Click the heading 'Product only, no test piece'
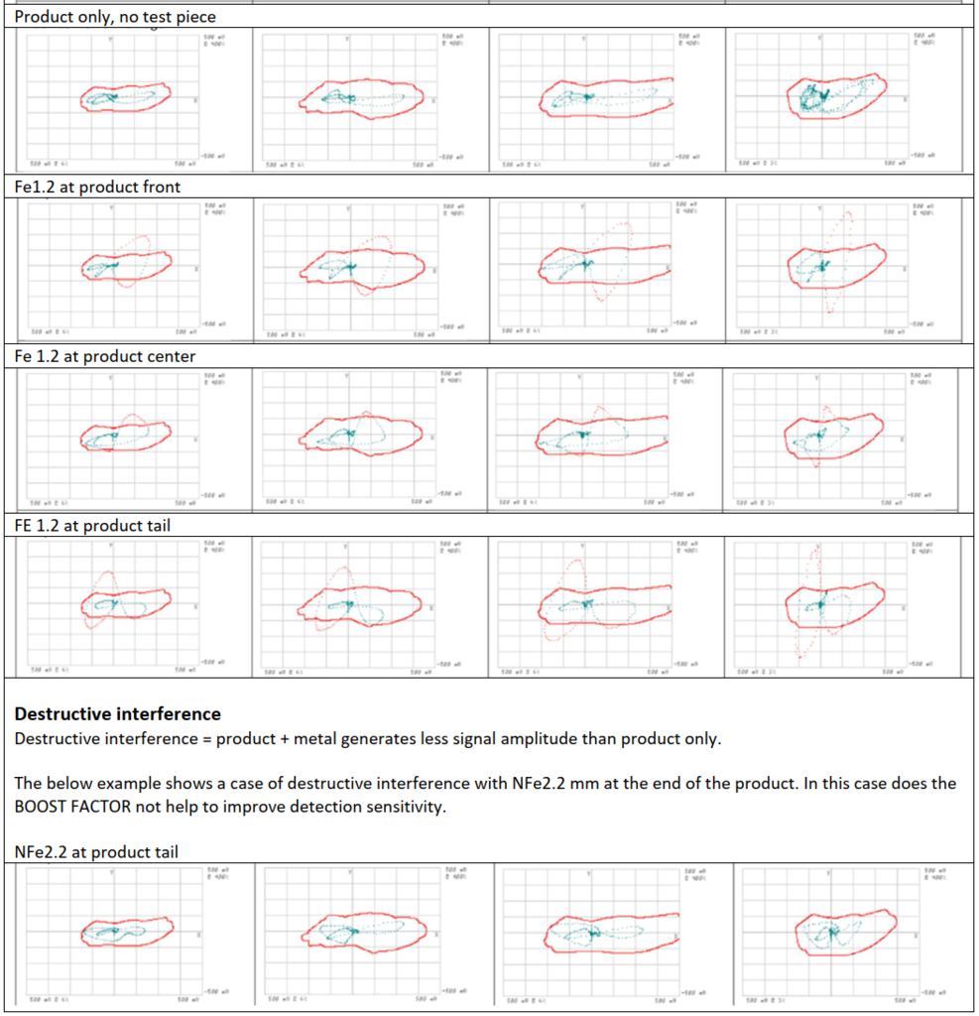point(116,17)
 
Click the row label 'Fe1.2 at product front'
point(97,187)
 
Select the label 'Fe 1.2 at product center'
point(103,356)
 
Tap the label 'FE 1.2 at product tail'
point(92,526)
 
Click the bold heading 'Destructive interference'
point(118,713)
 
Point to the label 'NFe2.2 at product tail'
point(96,852)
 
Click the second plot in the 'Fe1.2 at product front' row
point(362,267)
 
